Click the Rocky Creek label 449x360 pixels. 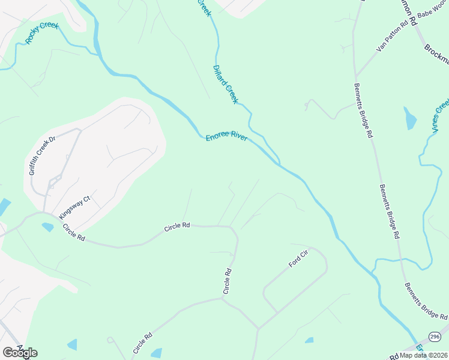point(41,33)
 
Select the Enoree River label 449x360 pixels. point(227,137)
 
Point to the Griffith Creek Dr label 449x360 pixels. point(42,154)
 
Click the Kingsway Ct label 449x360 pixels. point(74,208)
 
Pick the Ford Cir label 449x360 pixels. point(298,260)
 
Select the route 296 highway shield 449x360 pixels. point(435,336)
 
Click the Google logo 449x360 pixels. point(20,352)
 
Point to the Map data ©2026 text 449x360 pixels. point(423,355)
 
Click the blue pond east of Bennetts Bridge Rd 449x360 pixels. point(410,119)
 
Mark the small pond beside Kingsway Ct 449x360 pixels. point(47,227)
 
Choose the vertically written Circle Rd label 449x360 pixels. point(228,281)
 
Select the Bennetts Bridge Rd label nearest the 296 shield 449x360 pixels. point(426,301)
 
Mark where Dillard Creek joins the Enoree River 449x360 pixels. point(278,163)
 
